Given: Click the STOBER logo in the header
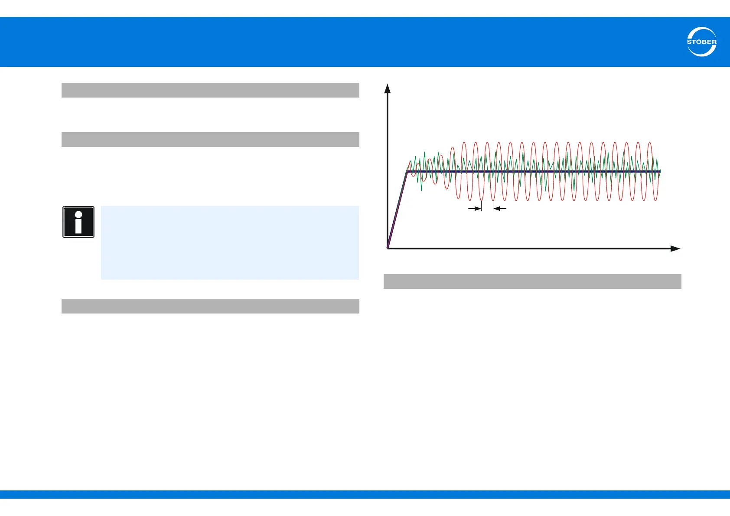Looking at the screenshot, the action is (x=701, y=42).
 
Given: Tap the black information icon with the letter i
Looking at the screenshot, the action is (x=78, y=222).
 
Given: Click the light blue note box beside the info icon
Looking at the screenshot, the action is (x=230, y=242).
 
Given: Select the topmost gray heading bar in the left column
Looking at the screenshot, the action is (x=210, y=90).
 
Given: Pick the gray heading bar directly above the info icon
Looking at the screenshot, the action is (x=210, y=140).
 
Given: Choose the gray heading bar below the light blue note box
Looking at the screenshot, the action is (x=210, y=306).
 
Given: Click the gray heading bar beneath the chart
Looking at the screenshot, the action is (x=532, y=281).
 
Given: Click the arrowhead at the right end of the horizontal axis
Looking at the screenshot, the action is (x=675, y=248).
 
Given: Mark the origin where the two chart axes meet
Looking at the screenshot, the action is (x=388, y=248).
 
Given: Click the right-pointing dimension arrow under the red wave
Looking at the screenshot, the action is (x=476, y=209).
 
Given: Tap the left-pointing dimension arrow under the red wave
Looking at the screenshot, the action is (x=499, y=209).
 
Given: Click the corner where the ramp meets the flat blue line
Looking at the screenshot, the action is (x=407, y=171).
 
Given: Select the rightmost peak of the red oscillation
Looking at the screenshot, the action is (x=649, y=142).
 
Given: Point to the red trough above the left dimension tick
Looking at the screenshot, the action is (x=482, y=200).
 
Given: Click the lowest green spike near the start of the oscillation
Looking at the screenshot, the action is (x=422, y=190).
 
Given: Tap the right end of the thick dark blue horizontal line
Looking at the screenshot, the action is (x=660, y=171).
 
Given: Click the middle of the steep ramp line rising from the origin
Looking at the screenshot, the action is (x=397, y=210).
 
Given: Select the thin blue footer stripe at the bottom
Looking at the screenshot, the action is (x=365, y=494).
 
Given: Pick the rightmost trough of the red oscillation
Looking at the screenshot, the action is (x=655, y=200).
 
